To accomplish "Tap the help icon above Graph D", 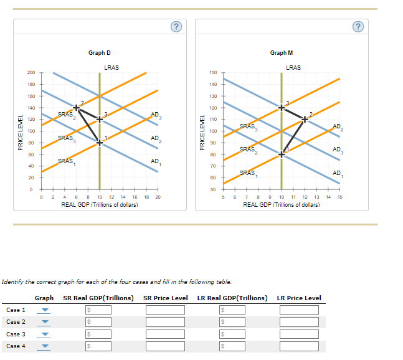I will [177, 26].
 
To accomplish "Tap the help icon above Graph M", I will [357, 26].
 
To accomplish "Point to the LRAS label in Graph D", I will [112, 67].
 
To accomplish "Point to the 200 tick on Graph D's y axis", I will [31, 73].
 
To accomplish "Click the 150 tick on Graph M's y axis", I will [213, 73].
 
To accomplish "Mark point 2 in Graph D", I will [77, 108].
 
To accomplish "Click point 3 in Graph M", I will [282, 108].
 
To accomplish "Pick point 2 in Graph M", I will [305, 116].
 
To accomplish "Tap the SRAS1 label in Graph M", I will [247, 173].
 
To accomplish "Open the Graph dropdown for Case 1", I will [45, 310].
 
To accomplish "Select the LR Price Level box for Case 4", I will [298, 347].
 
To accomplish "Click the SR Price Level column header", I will [165, 298].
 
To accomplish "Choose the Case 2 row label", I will [16, 322].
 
